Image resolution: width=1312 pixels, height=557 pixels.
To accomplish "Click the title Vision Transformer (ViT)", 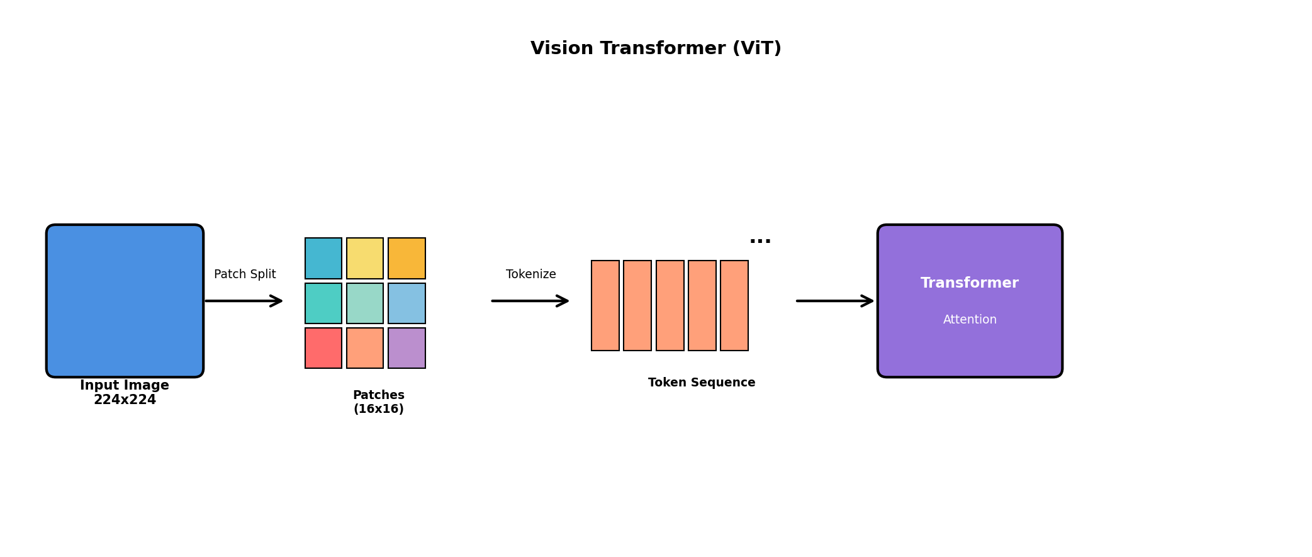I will [656, 48].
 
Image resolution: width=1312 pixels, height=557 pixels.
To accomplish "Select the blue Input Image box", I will [125, 300].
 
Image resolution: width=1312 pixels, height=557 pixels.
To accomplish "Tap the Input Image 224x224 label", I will [125, 393].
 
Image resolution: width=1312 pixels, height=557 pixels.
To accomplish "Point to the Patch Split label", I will [245, 274].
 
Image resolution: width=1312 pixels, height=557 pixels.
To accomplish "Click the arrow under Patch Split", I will [244, 301].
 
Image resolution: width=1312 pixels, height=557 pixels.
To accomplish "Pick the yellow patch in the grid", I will [365, 258].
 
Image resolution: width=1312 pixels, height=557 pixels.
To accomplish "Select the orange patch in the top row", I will [406, 258].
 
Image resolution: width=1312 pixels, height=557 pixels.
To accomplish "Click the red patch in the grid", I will [323, 348].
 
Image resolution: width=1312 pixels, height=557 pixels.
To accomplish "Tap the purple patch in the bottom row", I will [406, 348].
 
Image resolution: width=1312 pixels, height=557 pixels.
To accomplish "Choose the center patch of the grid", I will [365, 303].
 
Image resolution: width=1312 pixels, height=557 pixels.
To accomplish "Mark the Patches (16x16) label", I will [379, 402].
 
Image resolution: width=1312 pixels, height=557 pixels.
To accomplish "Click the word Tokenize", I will [531, 274].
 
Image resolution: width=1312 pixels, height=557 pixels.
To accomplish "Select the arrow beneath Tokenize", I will [530, 301].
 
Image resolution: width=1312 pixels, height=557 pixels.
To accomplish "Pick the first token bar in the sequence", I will [605, 305].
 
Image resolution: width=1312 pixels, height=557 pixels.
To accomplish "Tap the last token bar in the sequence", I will [734, 305].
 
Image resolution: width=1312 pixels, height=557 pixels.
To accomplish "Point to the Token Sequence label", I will [702, 383].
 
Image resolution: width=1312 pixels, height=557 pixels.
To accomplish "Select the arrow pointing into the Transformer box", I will [835, 301].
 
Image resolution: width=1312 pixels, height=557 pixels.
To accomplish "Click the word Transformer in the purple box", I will [970, 283].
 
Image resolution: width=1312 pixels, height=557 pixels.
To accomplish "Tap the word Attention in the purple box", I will [970, 320].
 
